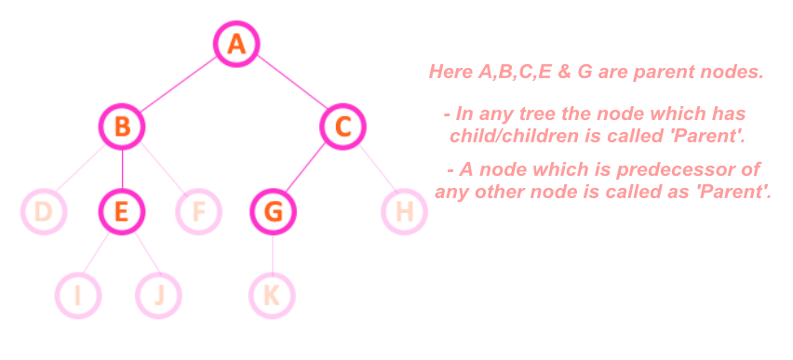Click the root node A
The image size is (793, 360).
(236, 44)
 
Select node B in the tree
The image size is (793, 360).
(122, 127)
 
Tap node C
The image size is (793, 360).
(343, 127)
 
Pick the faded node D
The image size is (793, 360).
(43, 212)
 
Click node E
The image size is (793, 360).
(122, 212)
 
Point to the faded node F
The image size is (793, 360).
(198, 212)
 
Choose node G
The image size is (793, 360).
(273, 212)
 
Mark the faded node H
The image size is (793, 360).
(404, 212)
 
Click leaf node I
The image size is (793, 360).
(78, 296)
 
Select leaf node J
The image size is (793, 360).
(158, 296)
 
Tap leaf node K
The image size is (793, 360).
(272, 296)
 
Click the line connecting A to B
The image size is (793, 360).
(179, 86)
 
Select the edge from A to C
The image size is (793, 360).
(289, 85)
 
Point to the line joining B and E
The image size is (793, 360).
(122, 169)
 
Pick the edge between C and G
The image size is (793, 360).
(308, 169)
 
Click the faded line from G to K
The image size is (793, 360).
(273, 254)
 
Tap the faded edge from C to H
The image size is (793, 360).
(373, 169)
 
